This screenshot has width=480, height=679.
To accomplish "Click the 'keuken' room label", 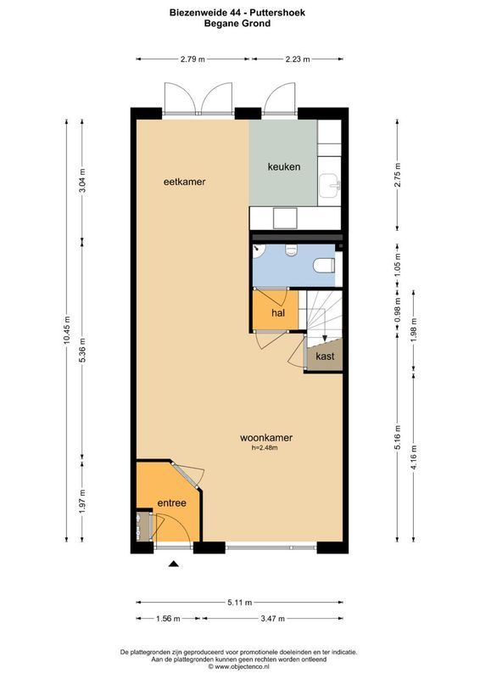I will tap(283, 166).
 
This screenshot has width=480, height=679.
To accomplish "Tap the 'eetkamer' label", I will tap(185, 182).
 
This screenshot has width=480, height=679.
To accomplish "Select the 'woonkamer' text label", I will tap(265, 438).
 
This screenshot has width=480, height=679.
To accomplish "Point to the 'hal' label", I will tap(277, 313).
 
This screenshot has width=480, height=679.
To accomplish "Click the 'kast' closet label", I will tap(325, 356).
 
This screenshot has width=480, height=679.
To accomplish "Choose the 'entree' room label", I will tap(171, 503).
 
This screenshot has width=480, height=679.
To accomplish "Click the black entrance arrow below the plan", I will tap(174, 564).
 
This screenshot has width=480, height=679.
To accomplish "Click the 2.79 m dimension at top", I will tap(193, 59).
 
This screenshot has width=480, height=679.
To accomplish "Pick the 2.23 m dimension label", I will tap(297, 59).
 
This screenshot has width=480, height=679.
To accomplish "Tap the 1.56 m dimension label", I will tap(167, 618).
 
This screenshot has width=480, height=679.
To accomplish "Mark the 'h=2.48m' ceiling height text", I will tap(265, 448).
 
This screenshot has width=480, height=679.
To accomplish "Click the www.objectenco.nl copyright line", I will tap(238, 667).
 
